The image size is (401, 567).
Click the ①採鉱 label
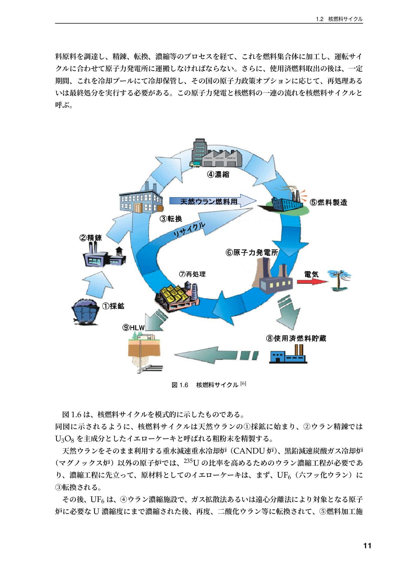[113, 306]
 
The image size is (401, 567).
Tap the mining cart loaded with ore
[86, 312]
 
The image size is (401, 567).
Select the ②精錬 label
[91, 238]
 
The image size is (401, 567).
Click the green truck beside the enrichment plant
[195, 164]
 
